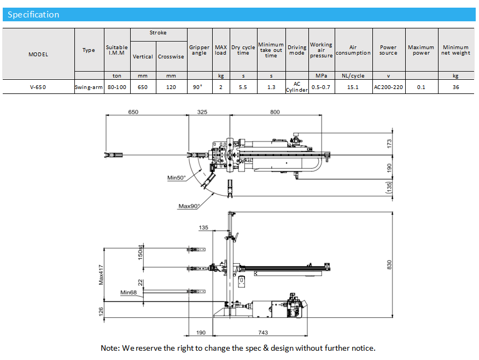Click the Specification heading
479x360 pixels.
coord(33,15)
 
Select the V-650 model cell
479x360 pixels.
coord(38,87)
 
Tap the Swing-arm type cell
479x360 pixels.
coord(89,87)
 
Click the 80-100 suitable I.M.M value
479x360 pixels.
coord(116,87)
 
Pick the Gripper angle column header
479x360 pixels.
coord(199,50)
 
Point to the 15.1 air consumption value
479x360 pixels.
coord(353,87)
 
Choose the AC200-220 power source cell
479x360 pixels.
coord(388,87)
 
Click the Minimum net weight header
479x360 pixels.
coord(455,50)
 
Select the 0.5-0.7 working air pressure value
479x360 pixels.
coord(321,87)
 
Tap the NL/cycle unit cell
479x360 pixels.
coord(353,75)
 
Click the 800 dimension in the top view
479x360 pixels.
coord(274,112)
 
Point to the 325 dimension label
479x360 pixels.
coord(202,112)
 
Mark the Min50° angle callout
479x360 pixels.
coord(176,178)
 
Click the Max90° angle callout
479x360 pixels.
coord(189,206)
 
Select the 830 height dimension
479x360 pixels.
coord(389,264)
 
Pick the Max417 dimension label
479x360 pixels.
coord(101,274)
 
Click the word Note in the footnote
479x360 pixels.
coord(109,348)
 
